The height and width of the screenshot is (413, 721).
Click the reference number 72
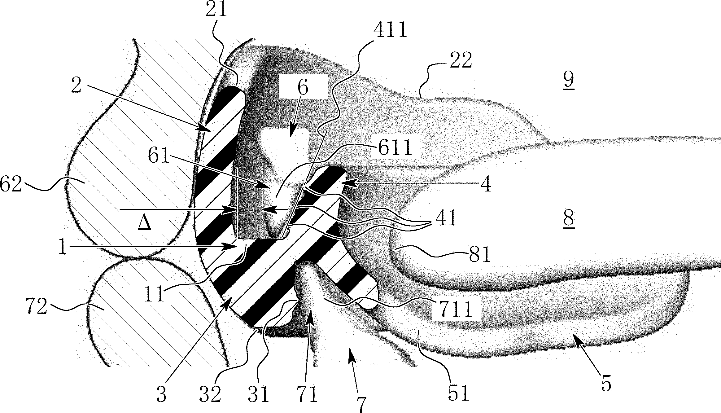(37, 308)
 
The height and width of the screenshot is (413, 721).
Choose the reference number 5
(606, 383)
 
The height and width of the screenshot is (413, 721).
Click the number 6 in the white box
(303, 87)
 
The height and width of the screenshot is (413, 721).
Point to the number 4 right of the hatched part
(487, 185)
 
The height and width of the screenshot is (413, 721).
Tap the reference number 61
(158, 157)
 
